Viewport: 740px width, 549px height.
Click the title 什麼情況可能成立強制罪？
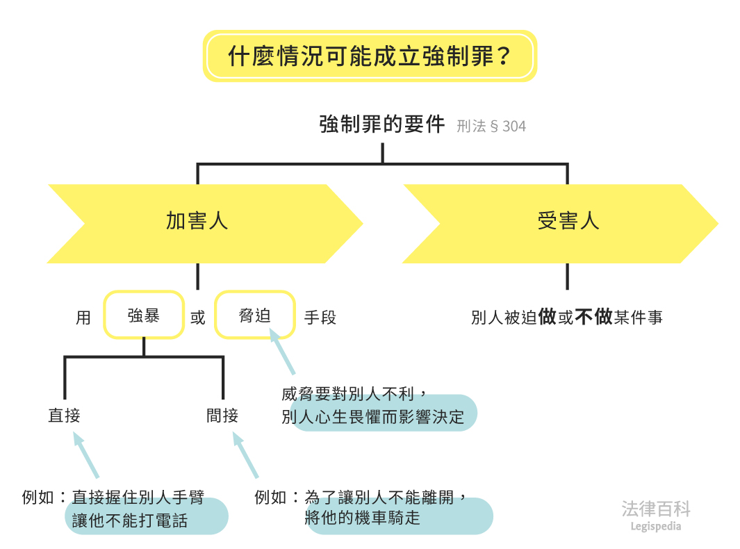click(370, 56)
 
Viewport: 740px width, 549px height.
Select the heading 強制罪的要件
click(381, 124)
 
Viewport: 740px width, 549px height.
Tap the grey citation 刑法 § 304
click(491, 126)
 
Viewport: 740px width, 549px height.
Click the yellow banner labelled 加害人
click(197, 222)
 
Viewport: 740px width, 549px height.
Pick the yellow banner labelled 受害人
click(568, 222)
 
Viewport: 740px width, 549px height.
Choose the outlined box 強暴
click(144, 316)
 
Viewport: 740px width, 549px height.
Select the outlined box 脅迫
click(254, 316)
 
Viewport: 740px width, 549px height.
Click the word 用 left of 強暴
click(83, 318)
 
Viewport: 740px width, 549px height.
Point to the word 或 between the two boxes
click(198, 318)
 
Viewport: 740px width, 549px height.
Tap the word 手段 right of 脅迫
click(320, 318)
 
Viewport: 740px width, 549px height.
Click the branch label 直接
click(65, 416)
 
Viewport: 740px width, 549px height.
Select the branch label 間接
click(222, 416)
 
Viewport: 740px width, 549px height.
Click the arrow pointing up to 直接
click(86, 455)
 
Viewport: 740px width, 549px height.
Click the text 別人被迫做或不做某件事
click(567, 318)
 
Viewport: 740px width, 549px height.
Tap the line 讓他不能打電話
click(130, 521)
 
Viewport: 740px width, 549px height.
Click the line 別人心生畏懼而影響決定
click(373, 418)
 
